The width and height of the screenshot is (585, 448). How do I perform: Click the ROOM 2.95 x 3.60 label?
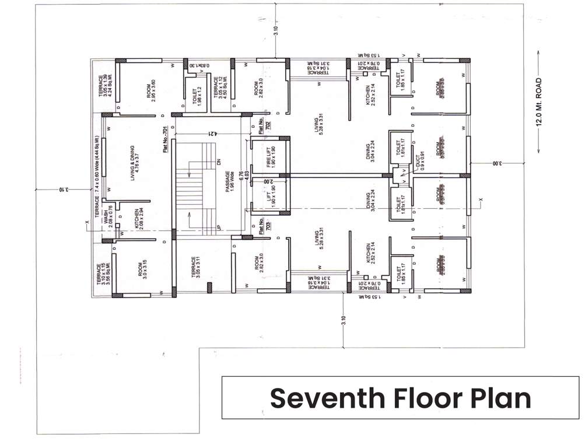150,90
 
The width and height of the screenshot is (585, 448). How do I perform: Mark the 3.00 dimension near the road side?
494,164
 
